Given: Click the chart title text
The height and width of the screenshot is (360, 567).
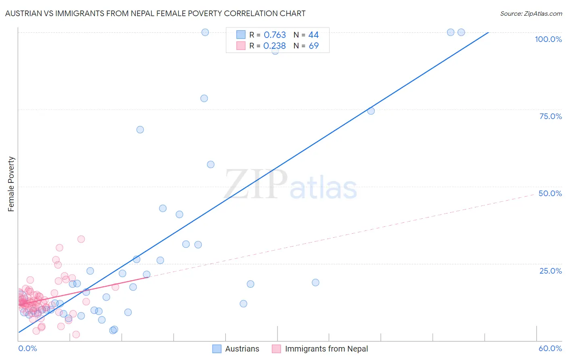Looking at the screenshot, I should pyautogui.click(x=155, y=13).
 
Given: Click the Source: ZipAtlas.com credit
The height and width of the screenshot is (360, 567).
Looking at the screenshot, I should pyautogui.click(x=531, y=13).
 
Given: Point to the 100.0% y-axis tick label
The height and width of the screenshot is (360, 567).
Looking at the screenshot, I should pyautogui.click(x=548, y=39).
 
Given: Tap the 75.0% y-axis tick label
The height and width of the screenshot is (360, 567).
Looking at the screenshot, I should pyautogui.click(x=550, y=116).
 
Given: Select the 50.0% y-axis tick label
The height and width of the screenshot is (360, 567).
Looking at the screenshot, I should pyautogui.click(x=550, y=193).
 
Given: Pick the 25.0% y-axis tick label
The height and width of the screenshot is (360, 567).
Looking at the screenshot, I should pyautogui.click(x=550, y=271).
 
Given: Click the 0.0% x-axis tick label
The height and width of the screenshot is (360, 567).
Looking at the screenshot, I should pyautogui.click(x=27, y=348).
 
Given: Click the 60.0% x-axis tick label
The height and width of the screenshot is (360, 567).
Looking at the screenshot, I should pyautogui.click(x=550, y=348).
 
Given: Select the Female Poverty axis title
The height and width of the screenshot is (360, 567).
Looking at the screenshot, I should pyautogui.click(x=11, y=184).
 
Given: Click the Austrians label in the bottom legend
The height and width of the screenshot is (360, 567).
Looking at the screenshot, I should pyautogui.click(x=242, y=349).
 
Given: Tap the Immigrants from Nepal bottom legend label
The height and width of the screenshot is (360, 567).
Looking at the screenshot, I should pyautogui.click(x=326, y=349).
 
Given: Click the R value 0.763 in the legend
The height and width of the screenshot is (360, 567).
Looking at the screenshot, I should pyautogui.click(x=275, y=35).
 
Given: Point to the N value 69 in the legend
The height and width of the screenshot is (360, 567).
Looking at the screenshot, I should pyautogui.click(x=314, y=46).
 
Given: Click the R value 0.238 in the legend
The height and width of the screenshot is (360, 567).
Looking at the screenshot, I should pyautogui.click(x=274, y=46).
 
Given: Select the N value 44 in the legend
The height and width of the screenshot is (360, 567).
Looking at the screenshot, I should pyautogui.click(x=314, y=35).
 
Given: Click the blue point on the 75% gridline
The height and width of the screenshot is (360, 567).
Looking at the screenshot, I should pyautogui.click(x=371, y=111).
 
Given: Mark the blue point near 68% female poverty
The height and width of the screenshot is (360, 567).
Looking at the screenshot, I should pyautogui.click(x=140, y=130).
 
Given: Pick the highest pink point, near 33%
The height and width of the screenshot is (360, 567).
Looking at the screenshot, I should pyautogui.click(x=81, y=239).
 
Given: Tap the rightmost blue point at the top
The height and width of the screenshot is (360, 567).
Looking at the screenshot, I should pyautogui.click(x=461, y=32).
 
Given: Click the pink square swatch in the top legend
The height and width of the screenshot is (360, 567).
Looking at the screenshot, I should pyautogui.click(x=241, y=46).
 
